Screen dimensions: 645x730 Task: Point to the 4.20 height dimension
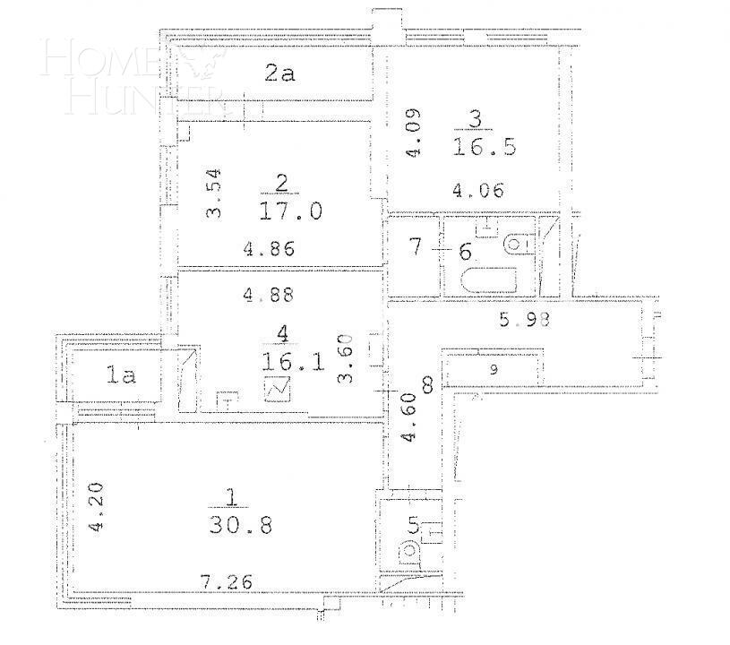tap(99, 507)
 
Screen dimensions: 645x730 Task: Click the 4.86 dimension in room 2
tap(269, 249)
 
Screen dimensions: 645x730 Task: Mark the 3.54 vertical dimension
tap(213, 193)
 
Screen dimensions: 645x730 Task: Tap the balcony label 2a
tap(279, 74)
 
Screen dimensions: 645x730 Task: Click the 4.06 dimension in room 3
tap(478, 190)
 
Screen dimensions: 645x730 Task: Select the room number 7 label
tap(414, 247)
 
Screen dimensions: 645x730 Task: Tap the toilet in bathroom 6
tap(518, 243)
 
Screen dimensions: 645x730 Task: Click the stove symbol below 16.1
tap(278, 391)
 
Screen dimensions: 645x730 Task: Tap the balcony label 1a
tap(121, 376)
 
